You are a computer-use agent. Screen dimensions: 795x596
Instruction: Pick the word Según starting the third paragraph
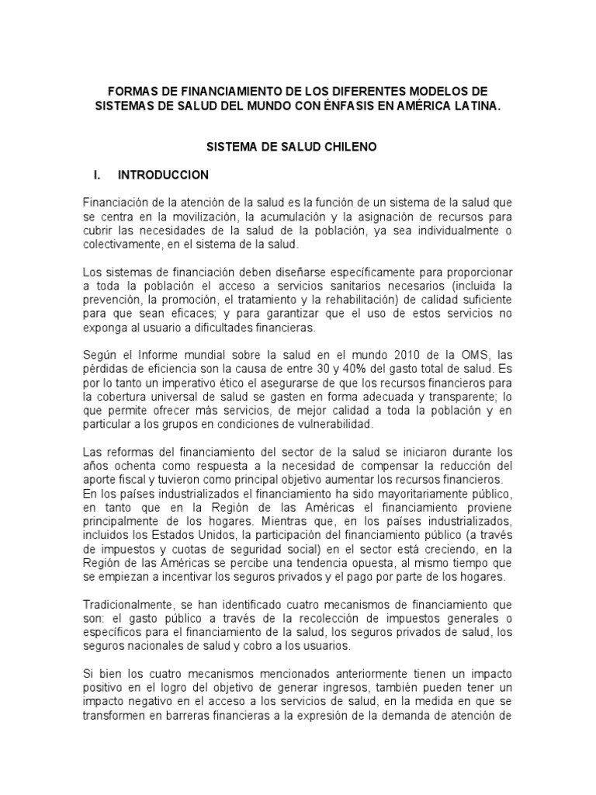[x=100, y=355]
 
